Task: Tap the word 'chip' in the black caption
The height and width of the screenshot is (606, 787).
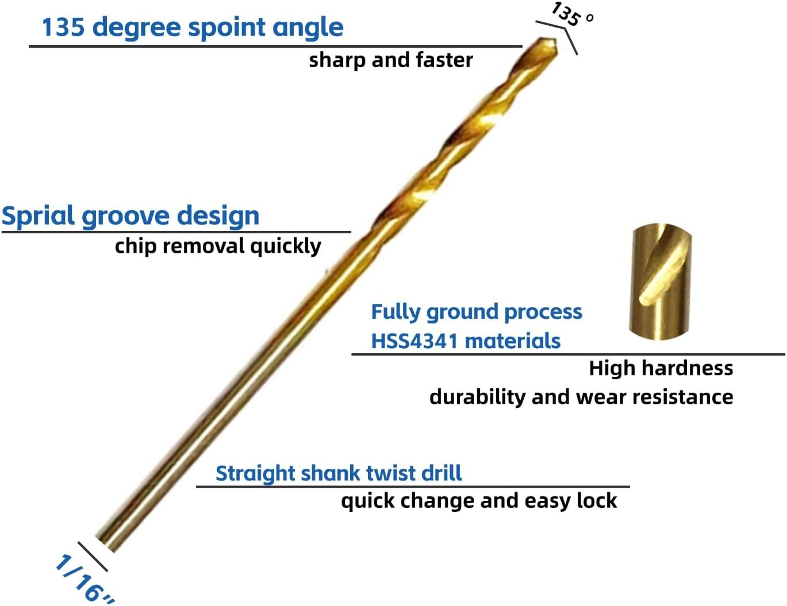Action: coord(136,246)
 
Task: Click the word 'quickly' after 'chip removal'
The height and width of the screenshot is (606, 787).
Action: coord(285,246)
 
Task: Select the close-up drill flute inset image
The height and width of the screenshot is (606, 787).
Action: coord(660,281)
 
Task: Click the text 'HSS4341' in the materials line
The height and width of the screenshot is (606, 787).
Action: coord(414,341)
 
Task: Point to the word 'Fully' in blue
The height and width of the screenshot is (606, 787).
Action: coord(396,312)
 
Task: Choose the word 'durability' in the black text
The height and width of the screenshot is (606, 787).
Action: coord(477,397)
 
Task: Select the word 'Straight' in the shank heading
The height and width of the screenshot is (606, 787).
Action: coord(255,473)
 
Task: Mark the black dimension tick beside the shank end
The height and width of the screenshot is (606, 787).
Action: coord(93,557)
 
